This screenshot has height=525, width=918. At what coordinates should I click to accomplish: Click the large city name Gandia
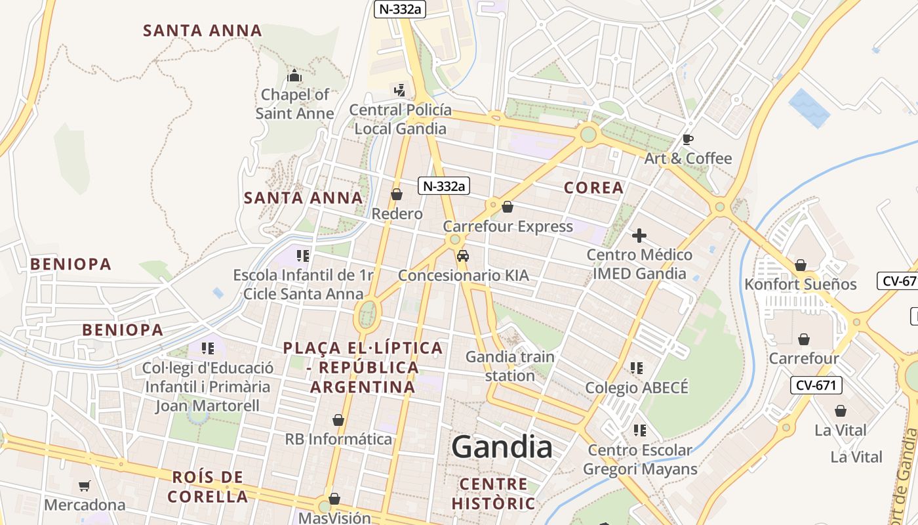(x=502, y=447)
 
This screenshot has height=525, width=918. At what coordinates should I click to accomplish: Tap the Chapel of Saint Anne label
(x=294, y=104)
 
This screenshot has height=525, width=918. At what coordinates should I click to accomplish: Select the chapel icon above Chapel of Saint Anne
(x=294, y=76)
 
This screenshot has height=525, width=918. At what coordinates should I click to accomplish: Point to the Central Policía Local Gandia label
(x=400, y=119)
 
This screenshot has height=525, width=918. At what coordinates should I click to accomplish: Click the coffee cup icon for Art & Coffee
(x=687, y=139)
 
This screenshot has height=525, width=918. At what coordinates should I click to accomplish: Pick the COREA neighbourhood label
(x=593, y=188)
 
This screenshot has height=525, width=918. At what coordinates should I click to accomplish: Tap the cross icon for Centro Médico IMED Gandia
(x=639, y=236)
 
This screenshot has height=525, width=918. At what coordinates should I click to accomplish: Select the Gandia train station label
(x=509, y=366)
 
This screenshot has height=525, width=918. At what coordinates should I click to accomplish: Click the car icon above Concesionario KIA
(x=463, y=256)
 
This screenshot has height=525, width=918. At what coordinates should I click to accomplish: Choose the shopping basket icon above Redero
(x=397, y=194)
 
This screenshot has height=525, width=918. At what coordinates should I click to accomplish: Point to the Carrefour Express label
(x=508, y=226)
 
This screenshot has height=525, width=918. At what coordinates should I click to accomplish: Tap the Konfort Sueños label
(x=800, y=284)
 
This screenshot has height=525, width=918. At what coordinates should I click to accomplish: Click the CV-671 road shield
(x=816, y=385)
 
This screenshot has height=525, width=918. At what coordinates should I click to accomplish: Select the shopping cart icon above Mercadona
(x=84, y=486)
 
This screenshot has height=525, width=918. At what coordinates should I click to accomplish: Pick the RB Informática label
(x=338, y=439)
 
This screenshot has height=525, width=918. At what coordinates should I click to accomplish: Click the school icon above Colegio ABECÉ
(x=636, y=368)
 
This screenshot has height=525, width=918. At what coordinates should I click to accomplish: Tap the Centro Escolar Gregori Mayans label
(x=639, y=459)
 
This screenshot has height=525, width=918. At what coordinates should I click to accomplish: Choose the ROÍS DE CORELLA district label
(x=208, y=486)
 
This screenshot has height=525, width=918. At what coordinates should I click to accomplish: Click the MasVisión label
(x=334, y=518)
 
